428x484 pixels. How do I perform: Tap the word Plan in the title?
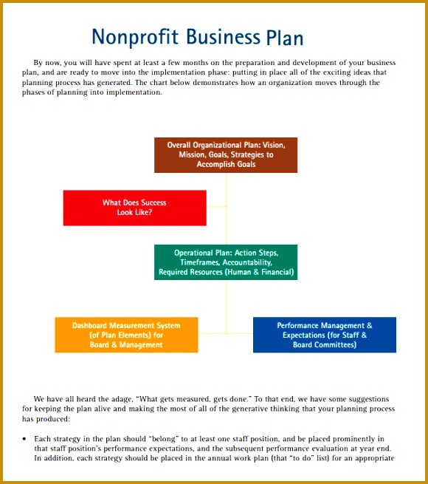[283, 37]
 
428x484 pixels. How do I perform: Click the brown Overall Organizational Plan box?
[226, 154]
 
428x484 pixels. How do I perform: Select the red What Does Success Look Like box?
[134, 208]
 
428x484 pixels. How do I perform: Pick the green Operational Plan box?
[226, 262]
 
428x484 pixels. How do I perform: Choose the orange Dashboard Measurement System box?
[126, 335]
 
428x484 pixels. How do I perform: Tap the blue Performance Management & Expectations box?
[324, 335]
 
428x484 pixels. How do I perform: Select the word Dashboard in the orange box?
[92, 325]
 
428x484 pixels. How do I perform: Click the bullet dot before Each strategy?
[25, 439]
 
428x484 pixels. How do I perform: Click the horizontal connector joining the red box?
[216, 208]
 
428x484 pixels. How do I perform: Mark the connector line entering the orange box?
[212, 333]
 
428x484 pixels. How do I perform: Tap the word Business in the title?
[223, 37]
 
